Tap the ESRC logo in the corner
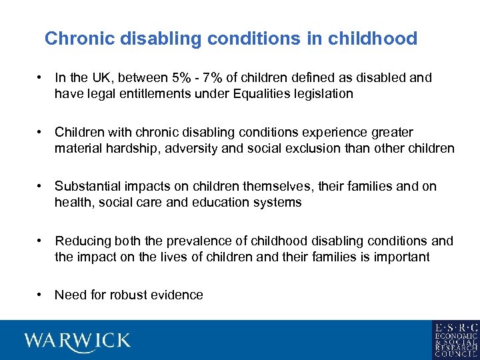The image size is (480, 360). tap(455, 340)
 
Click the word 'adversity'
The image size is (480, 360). tap(193, 148)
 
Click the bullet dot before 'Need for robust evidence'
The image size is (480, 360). tap(41, 295)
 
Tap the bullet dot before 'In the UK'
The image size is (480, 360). tap(41, 77)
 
